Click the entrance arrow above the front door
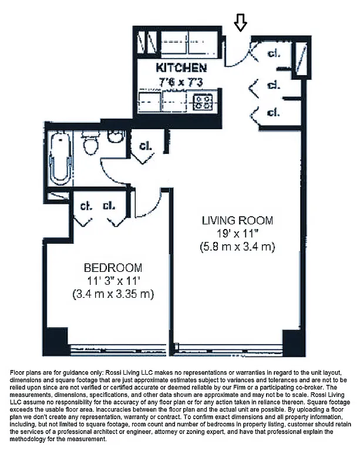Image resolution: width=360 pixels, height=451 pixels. point(240,22)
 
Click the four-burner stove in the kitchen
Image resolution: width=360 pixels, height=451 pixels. point(204,103)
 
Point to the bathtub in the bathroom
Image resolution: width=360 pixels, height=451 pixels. point(59,157)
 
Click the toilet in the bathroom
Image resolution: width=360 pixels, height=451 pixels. point(90,143)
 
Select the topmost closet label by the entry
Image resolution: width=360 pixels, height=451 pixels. point(274,54)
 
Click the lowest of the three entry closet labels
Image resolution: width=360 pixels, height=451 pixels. point(274,112)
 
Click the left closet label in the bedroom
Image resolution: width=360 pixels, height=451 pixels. point(86,206)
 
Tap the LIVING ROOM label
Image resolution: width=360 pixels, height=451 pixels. point(237,221)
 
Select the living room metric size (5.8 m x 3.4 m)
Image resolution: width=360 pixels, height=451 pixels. point(237,247)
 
